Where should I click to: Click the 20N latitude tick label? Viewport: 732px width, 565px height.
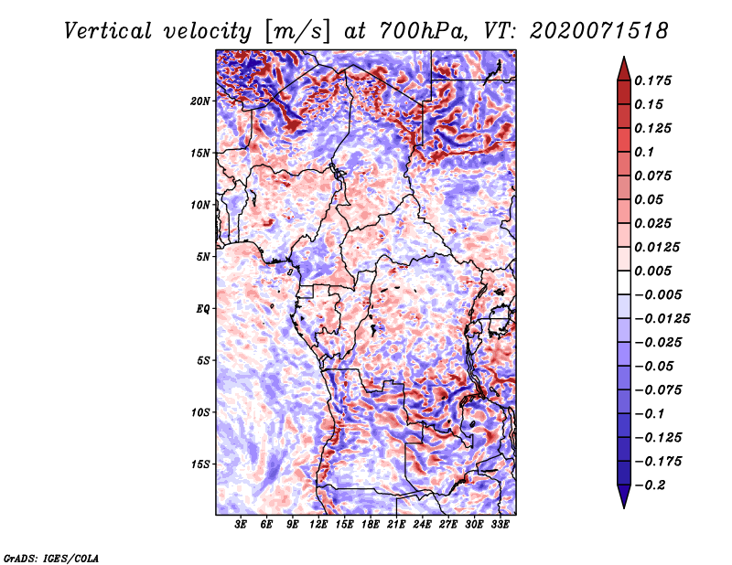click(x=200, y=101)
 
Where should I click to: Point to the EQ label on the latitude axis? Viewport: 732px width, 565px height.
click(x=202, y=309)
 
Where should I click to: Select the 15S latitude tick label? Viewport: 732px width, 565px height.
click(x=200, y=464)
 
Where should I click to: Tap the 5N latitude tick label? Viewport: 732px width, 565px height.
click(x=203, y=257)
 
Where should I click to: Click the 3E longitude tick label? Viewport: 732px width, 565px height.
click(x=241, y=525)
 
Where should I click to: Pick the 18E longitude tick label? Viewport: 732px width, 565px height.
click(x=371, y=525)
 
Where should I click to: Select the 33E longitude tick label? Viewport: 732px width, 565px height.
click(x=500, y=525)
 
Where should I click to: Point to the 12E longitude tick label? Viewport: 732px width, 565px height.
click(x=318, y=525)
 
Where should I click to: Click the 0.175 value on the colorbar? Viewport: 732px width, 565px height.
click(x=652, y=80)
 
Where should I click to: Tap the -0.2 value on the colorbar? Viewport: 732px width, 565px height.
click(x=650, y=485)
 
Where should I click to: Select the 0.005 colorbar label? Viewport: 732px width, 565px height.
click(x=652, y=271)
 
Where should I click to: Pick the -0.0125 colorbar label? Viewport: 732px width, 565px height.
click(x=662, y=319)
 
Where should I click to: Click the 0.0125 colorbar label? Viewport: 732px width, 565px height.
click(x=657, y=247)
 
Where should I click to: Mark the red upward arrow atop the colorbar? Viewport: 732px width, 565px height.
click(x=624, y=69)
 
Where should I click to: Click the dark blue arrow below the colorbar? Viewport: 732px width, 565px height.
click(x=624, y=496)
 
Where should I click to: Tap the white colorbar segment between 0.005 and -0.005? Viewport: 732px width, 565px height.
click(x=624, y=282)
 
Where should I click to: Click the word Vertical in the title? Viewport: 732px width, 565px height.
click(x=108, y=31)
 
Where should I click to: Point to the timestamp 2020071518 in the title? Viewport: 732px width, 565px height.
click(x=599, y=31)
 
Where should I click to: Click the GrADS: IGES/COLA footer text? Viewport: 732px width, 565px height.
click(x=51, y=558)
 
